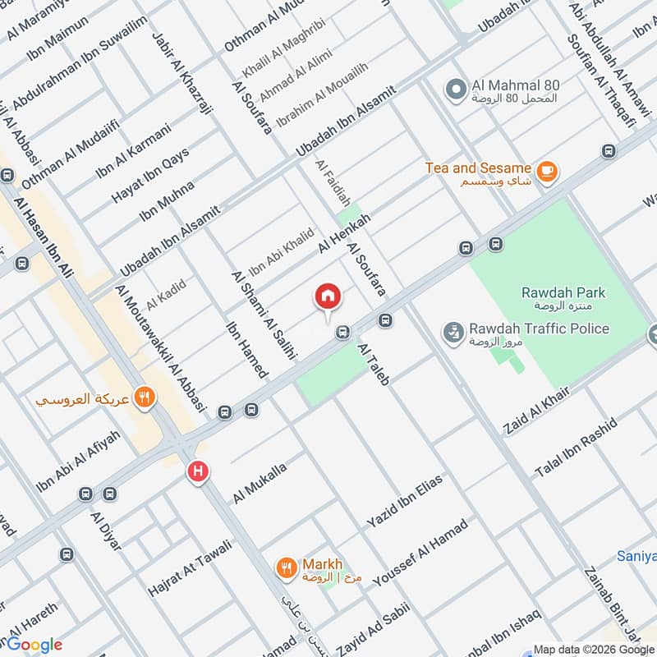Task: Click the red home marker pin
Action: coord(328,297)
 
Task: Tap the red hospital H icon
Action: coord(197,471)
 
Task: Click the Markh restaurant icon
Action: coord(286,567)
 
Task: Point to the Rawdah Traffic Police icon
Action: coord(451,332)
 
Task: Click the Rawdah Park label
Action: coord(563,292)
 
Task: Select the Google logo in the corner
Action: coord(34,645)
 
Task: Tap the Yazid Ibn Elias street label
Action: coord(405,501)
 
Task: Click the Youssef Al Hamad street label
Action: coord(420,554)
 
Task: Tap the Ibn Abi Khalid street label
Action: coord(281,251)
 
